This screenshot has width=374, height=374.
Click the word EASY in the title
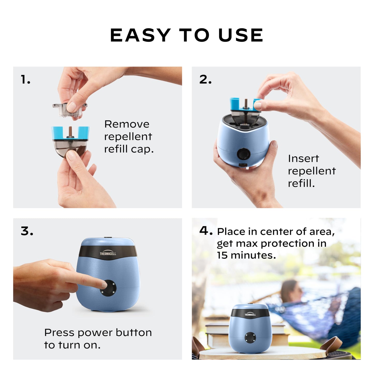click(x=140, y=35)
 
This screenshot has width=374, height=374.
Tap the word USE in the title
click(x=241, y=35)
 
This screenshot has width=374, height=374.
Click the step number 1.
click(x=25, y=79)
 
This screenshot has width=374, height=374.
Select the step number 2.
click(x=206, y=79)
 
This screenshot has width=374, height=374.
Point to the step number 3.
click(x=27, y=231)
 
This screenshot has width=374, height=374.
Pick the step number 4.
click(x=206, y=230)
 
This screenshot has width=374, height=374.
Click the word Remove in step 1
click(x=127, y=124)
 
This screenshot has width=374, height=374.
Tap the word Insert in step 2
click(x=303, y=158)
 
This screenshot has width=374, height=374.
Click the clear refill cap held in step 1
click(x=69, y=109)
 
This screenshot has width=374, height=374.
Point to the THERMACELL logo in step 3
click(x=108, y=254)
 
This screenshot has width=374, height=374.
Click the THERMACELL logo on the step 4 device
click(x=250, y=314)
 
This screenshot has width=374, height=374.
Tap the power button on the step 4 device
click(x=250, y=337)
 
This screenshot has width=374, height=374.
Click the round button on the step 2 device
click(x=244, y=154)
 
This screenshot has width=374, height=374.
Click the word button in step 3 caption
click(x=134, y=333)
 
